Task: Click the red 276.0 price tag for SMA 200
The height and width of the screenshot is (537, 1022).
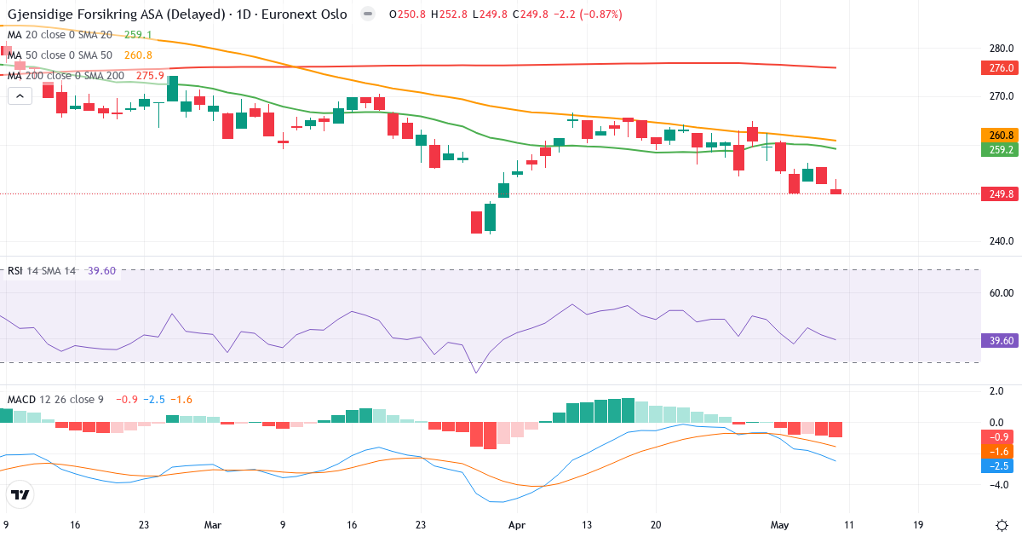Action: point(1000,68)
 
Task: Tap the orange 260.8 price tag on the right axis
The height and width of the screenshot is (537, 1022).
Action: point(1000,136)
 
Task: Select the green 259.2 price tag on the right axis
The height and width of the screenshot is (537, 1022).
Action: point(1000,149)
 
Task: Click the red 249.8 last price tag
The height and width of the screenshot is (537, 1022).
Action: point(1000,194)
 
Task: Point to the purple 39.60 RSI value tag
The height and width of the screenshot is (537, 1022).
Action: point(1000,341)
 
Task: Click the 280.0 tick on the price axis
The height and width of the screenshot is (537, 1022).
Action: point(1002,49)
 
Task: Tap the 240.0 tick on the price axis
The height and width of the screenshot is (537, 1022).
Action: point(1002,241)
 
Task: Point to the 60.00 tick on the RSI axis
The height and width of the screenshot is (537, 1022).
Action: point(1002,293)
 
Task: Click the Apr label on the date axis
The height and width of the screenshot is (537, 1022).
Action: point(517,525)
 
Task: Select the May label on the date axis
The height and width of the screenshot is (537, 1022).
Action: point(780,525)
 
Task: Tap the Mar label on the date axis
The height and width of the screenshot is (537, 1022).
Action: point(213,525)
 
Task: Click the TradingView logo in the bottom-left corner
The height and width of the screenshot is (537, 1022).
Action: point(20,494)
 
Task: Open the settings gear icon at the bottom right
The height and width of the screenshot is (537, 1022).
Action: point(1002,526)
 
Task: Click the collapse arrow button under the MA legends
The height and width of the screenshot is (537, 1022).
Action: point(20,96)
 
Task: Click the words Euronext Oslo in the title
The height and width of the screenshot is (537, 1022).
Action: point(304,14)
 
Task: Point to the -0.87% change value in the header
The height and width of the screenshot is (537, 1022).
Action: point(601,14)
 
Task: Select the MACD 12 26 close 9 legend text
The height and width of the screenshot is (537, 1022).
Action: point(55,400)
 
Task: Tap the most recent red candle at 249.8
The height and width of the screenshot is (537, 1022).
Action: point(835,191)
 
